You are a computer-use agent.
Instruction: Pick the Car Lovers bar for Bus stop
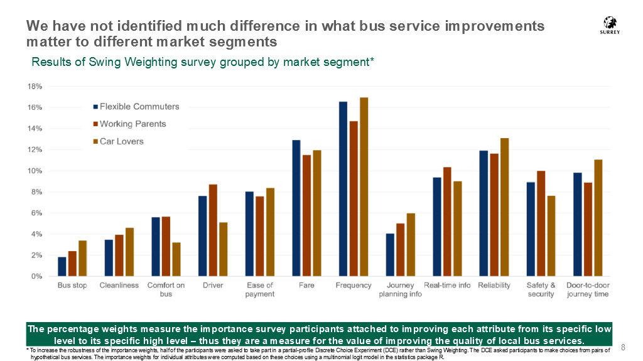[x=83, y=258]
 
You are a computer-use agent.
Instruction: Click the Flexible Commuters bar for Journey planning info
[x=390, y=255]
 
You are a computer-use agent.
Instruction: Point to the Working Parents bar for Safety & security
[x=541, y=224]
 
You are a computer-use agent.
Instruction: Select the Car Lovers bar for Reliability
[x=504, y=207]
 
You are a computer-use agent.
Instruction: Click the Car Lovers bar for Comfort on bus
[x=176, y=259]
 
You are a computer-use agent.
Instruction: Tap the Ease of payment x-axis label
[x=260, y=289]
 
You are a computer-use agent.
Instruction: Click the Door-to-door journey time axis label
[x=588, y=289]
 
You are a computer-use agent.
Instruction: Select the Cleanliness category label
[x=119, y=285]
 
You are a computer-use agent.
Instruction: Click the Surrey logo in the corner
[x=609, y=25]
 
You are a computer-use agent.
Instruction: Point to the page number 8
[x=624, y=347]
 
